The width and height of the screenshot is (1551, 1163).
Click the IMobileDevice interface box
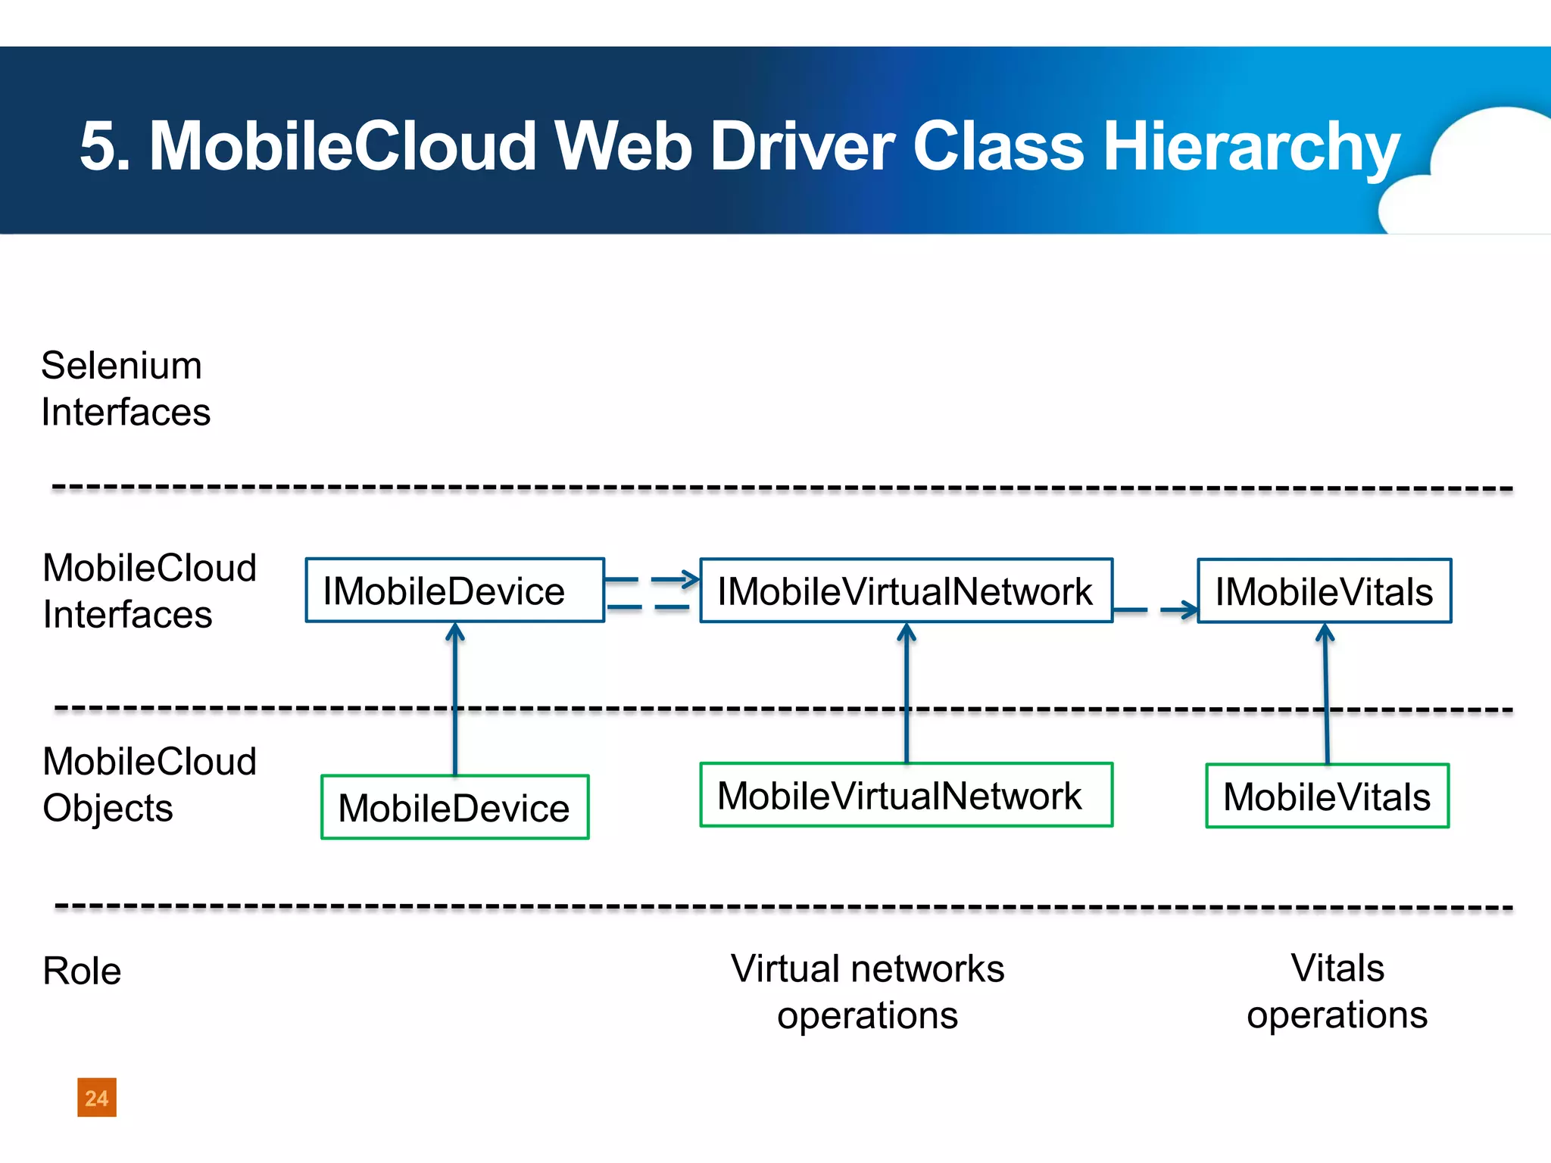pos(454,591)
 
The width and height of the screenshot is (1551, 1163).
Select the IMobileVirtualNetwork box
pos(906,591)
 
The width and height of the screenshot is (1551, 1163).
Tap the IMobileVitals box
pos(1324,591)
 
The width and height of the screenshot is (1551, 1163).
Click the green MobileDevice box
pos(454,807)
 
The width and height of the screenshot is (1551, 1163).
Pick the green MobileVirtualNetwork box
pos(906,795)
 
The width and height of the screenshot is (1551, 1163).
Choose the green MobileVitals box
pos(1327,797)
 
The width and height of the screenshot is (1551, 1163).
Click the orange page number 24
pos(97,1098)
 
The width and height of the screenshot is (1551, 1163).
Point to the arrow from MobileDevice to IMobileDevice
pos(455,697)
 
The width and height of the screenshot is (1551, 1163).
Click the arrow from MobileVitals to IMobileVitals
pos(1326,693)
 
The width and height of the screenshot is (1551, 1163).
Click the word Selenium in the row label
pos(121,366)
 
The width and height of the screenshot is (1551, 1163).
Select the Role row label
pos(82,971)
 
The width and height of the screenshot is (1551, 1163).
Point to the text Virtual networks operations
pos(867,992)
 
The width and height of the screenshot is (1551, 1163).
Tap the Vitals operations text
pos(1337,992)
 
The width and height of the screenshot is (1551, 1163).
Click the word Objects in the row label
pos(108,809)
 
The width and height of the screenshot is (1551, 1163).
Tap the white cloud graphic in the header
pos(1477,174)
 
